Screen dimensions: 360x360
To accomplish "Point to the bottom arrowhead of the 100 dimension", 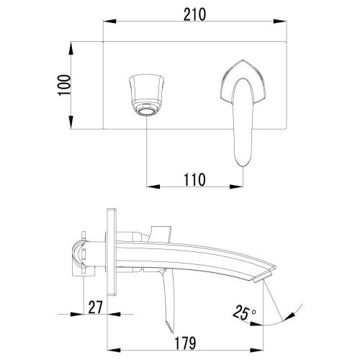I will (x=72, y=130).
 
